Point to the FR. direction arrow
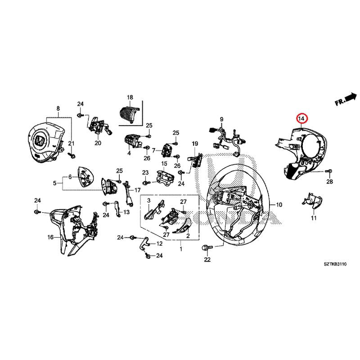(x=346, y=99)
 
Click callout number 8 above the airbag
(x=58, y=108)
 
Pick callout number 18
(x=130, y=98)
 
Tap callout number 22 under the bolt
(x=207, y=260)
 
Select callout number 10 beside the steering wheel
(x=279, y=205)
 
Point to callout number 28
(x=329, y=182)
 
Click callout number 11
(x=314, y=218)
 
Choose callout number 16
(x=50, y=237)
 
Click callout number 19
(x=195, y=144)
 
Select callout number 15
(x=164, y=164)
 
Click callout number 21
(x=70, y=144)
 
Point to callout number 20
(x=98, y=144)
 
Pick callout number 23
(x=145, y=172)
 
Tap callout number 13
(x=126, y=211)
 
